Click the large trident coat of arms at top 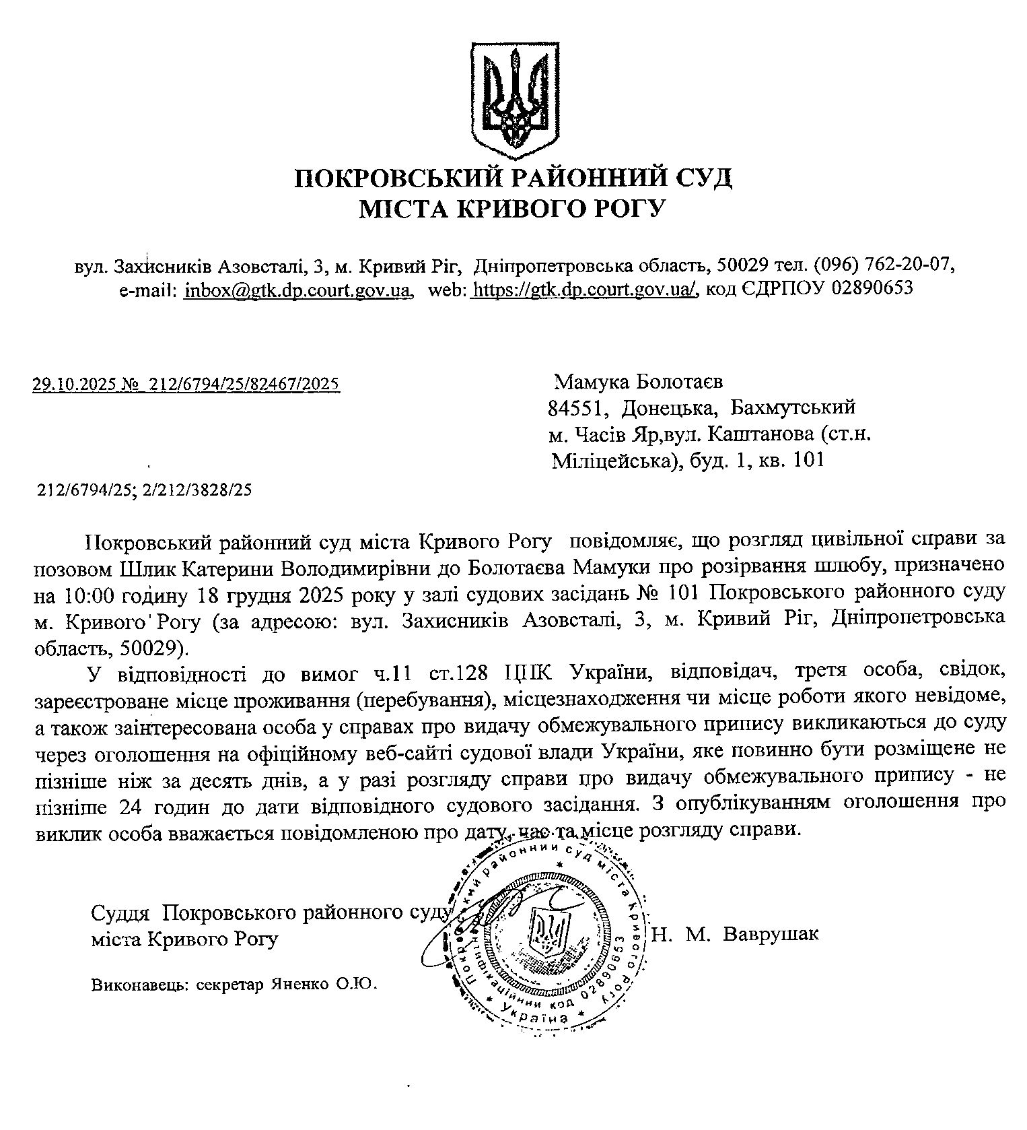click(x=513, y=99)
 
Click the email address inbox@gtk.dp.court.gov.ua click(x=298, y=289)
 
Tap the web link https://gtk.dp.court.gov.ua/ click(x=584, y=289)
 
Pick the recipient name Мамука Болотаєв click(x=638, y=383)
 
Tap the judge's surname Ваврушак click(x=770, y=934)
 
